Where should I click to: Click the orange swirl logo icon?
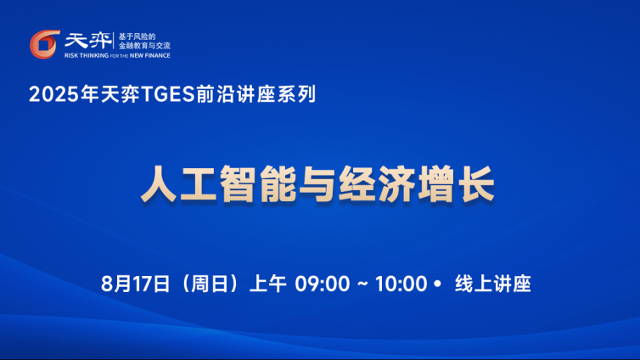click(44, 44)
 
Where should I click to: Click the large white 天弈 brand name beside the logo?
click(87, 41)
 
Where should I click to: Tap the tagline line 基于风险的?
click(137, 37)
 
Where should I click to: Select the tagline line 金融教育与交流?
click(144, 46)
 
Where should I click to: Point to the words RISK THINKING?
click(87, 55)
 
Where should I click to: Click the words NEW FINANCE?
click(149, 55)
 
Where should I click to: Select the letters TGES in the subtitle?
click(167, 94)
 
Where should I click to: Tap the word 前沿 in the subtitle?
click(215, 94)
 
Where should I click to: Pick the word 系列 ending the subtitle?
click(296, 94)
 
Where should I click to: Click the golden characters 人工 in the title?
click(179, 183)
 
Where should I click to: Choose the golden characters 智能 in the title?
click(258, 183)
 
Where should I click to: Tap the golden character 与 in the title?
click(317, 183)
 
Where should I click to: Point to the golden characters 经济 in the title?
click(377, 183)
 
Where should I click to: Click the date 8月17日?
click(135, 284)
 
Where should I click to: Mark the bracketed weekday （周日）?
click(210, 284)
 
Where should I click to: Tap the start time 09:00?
click(323, 284)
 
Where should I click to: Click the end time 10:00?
click(401, 284)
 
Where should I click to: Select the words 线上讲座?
click(492, 284)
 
